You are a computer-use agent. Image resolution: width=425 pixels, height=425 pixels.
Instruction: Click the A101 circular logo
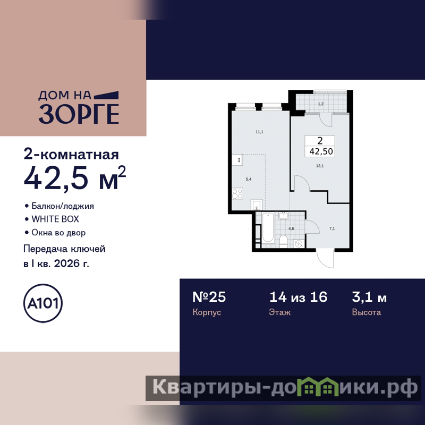click(x=43, y=303)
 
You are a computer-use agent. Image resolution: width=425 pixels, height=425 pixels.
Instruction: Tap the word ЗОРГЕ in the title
click(x=79, y=114)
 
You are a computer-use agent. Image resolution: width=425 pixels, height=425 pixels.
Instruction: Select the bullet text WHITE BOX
click(x=55, y=219)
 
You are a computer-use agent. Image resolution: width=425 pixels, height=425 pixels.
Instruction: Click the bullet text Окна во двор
click(x=58, y=233)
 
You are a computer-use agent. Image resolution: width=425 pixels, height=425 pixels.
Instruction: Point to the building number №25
click(x=209, y=297)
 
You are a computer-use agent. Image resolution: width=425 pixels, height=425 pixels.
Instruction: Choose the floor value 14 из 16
click(x=299, y=297)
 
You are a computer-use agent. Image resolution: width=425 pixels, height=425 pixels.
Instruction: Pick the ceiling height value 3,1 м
click(x=369, y=297)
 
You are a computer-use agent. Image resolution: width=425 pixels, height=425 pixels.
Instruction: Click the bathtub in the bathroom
click(x=268, y=227)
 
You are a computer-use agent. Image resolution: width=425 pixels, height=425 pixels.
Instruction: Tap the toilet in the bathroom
click(x=283, y=241)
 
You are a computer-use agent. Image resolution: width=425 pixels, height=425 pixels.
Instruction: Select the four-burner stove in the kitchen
click(x=237, y=193)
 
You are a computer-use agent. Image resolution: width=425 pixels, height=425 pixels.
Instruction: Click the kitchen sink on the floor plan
click(x=257, y=205)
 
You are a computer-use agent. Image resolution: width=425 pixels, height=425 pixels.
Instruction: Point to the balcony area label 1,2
click(x=321, y=104)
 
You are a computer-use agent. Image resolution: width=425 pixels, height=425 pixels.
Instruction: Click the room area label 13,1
click(x=320, y=166)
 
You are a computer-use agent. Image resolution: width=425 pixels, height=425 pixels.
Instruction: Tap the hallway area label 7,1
click(x=332, y=228)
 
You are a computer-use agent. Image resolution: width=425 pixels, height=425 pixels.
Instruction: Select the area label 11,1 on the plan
click(x=259, y=132)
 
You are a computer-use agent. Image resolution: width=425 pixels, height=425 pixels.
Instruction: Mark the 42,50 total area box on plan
click(x=320, y=147)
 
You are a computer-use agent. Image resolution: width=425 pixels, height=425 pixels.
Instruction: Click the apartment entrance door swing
click(x=325, y=259)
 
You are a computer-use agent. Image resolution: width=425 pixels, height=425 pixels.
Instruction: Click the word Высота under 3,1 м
click(x=367, y=312)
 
